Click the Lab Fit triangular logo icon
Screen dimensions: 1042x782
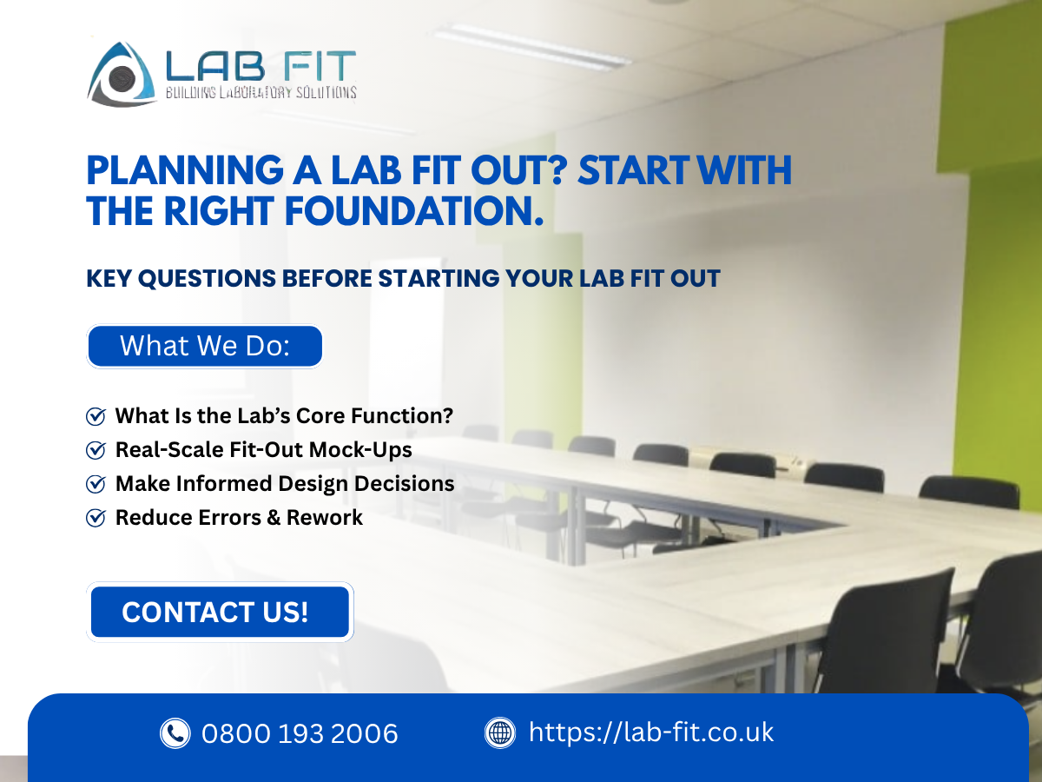pyautogui.click(x=122, y=74)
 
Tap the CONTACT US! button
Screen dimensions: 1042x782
pyautogui.click(x=220, y=612)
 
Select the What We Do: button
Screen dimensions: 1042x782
pyautogui.click(x=205, y=346)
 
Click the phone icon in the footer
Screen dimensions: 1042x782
pyautogui.click(x=175, y=733)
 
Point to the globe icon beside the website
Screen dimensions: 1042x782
pyautogui.click(x=500, y=732)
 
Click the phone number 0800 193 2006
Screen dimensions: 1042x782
pyautogui.click(x=300, y=733)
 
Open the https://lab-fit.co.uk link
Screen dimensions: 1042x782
pyautogui.click(x=651, y=732)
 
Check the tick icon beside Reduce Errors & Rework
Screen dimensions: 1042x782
pyautogui.click(x=96, y=518)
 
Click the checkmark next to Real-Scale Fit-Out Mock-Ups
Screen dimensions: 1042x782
pyautogui.click(x=96, y=449)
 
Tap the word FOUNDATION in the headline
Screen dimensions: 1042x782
pyautogui.click(x=413, y=211)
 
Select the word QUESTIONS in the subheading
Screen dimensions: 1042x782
pyautogui.click(x=207, y=278)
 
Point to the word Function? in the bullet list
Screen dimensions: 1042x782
pyautogui.click(x=402, y=416)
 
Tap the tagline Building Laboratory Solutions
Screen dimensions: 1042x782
pyautogui.click(x=261, y=92)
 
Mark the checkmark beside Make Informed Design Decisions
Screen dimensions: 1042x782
pyautogui.click(x=96, y=484)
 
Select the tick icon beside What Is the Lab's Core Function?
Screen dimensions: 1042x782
pyautogui.click(x=96, y=416)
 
